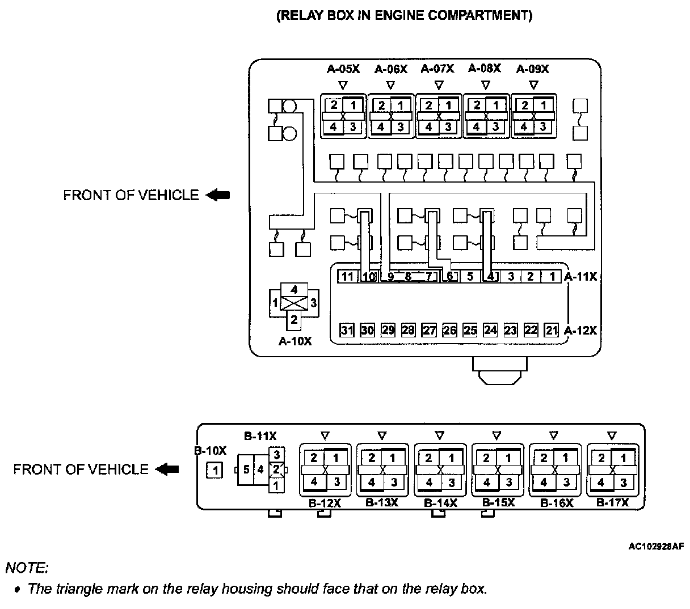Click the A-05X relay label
point(343,69)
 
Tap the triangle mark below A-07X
point(438,85)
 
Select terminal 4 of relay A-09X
point(524,127)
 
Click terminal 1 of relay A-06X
point(401,105)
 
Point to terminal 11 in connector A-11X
point(347,277)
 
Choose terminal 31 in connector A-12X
point(347,330)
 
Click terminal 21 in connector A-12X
point(551,330)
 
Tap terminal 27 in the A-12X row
point(429,330)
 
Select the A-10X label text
point(294,341)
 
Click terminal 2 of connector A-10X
point(294,319)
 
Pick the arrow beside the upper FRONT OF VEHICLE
point(218,195)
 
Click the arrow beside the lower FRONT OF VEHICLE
point(167,470)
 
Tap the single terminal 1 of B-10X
point(214,470)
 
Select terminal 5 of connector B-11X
point(246,470)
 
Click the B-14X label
point(440,502)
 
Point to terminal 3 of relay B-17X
point(623,483)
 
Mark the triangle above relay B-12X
point(325,435)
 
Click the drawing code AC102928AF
point(656,546)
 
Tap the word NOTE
point(27,567)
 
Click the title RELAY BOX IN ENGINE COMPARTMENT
point(405,15)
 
